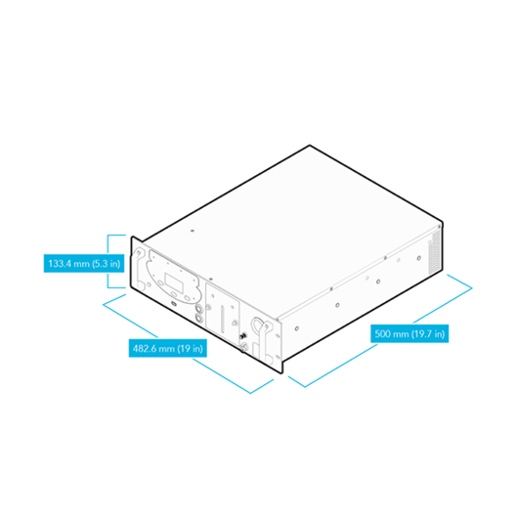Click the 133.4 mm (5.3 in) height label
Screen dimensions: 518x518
(x=84, y=263)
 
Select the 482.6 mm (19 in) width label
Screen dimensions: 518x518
(x=168, y=348)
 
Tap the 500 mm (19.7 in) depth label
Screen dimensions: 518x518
(x=410, y=333)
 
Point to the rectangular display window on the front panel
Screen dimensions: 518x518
(x=174, y=282)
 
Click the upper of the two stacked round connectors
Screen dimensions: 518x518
(x=198, y=309)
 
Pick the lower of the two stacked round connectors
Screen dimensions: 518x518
(x=198, y=318)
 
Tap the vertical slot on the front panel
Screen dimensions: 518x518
(x=222, y=319)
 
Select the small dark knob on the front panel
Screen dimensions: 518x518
(x=243, y=337)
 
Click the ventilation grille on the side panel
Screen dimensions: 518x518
(x=434, y=252)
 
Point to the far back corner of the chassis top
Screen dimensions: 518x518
(x=310, y=145)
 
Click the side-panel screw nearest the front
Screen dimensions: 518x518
(x=297, y=328)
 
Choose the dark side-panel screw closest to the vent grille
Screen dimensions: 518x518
(x=419, y=258)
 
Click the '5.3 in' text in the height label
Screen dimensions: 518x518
(x=106, y=264)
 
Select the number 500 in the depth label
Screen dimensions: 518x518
(x=382, y=333)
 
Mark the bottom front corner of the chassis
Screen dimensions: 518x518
(x=281, y=372)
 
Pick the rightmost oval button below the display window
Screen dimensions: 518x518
(x=187, y=298)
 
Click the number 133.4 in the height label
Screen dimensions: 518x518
(x=60, y=264)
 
